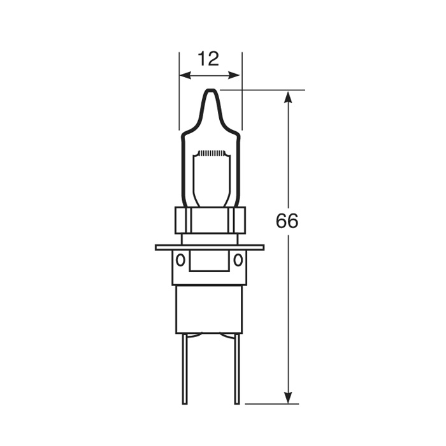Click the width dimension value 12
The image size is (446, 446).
[208, 59]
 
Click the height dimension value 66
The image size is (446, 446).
[287, 220]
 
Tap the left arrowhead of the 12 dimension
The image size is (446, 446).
[185, 75]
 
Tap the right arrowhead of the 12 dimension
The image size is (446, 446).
[234, 75]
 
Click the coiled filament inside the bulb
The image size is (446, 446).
[211, 154]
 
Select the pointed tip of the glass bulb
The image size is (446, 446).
[211, 90]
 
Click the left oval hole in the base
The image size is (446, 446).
[180, 260]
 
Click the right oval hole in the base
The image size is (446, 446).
[238, 260]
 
